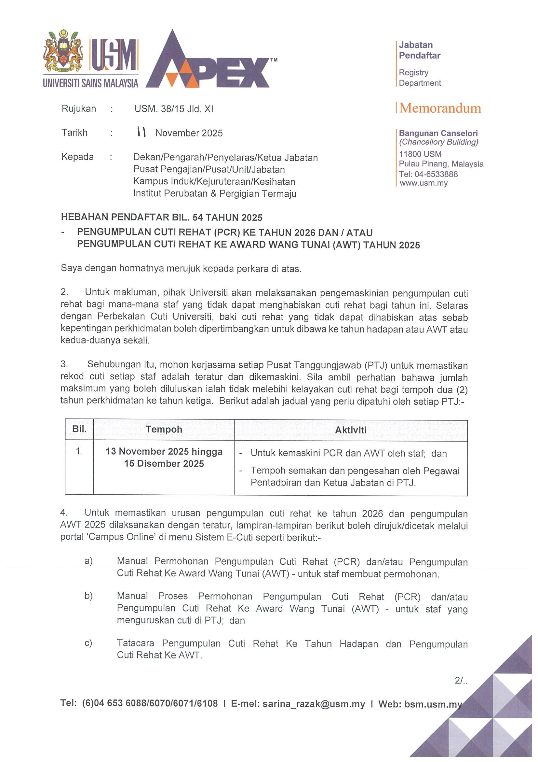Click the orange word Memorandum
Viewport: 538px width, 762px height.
coord(440,108)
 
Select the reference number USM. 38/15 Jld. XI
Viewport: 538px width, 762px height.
coord(174,109)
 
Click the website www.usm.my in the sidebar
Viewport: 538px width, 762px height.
coord(423,183)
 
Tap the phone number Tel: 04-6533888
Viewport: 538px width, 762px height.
coord(428,174)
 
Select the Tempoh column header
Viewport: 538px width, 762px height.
coord(164,429)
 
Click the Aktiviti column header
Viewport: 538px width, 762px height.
coord(350,430)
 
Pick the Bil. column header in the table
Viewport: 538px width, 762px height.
coord(79,429)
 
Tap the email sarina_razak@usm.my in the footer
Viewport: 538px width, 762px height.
coord(314,704)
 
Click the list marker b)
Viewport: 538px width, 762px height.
coord(88,596)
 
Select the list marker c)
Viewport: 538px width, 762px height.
coord(88,643)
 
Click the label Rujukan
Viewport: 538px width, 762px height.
coord(79,108)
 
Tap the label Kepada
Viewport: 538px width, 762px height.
coord(77,157)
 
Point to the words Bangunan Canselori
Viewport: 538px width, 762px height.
coord(438,133)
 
